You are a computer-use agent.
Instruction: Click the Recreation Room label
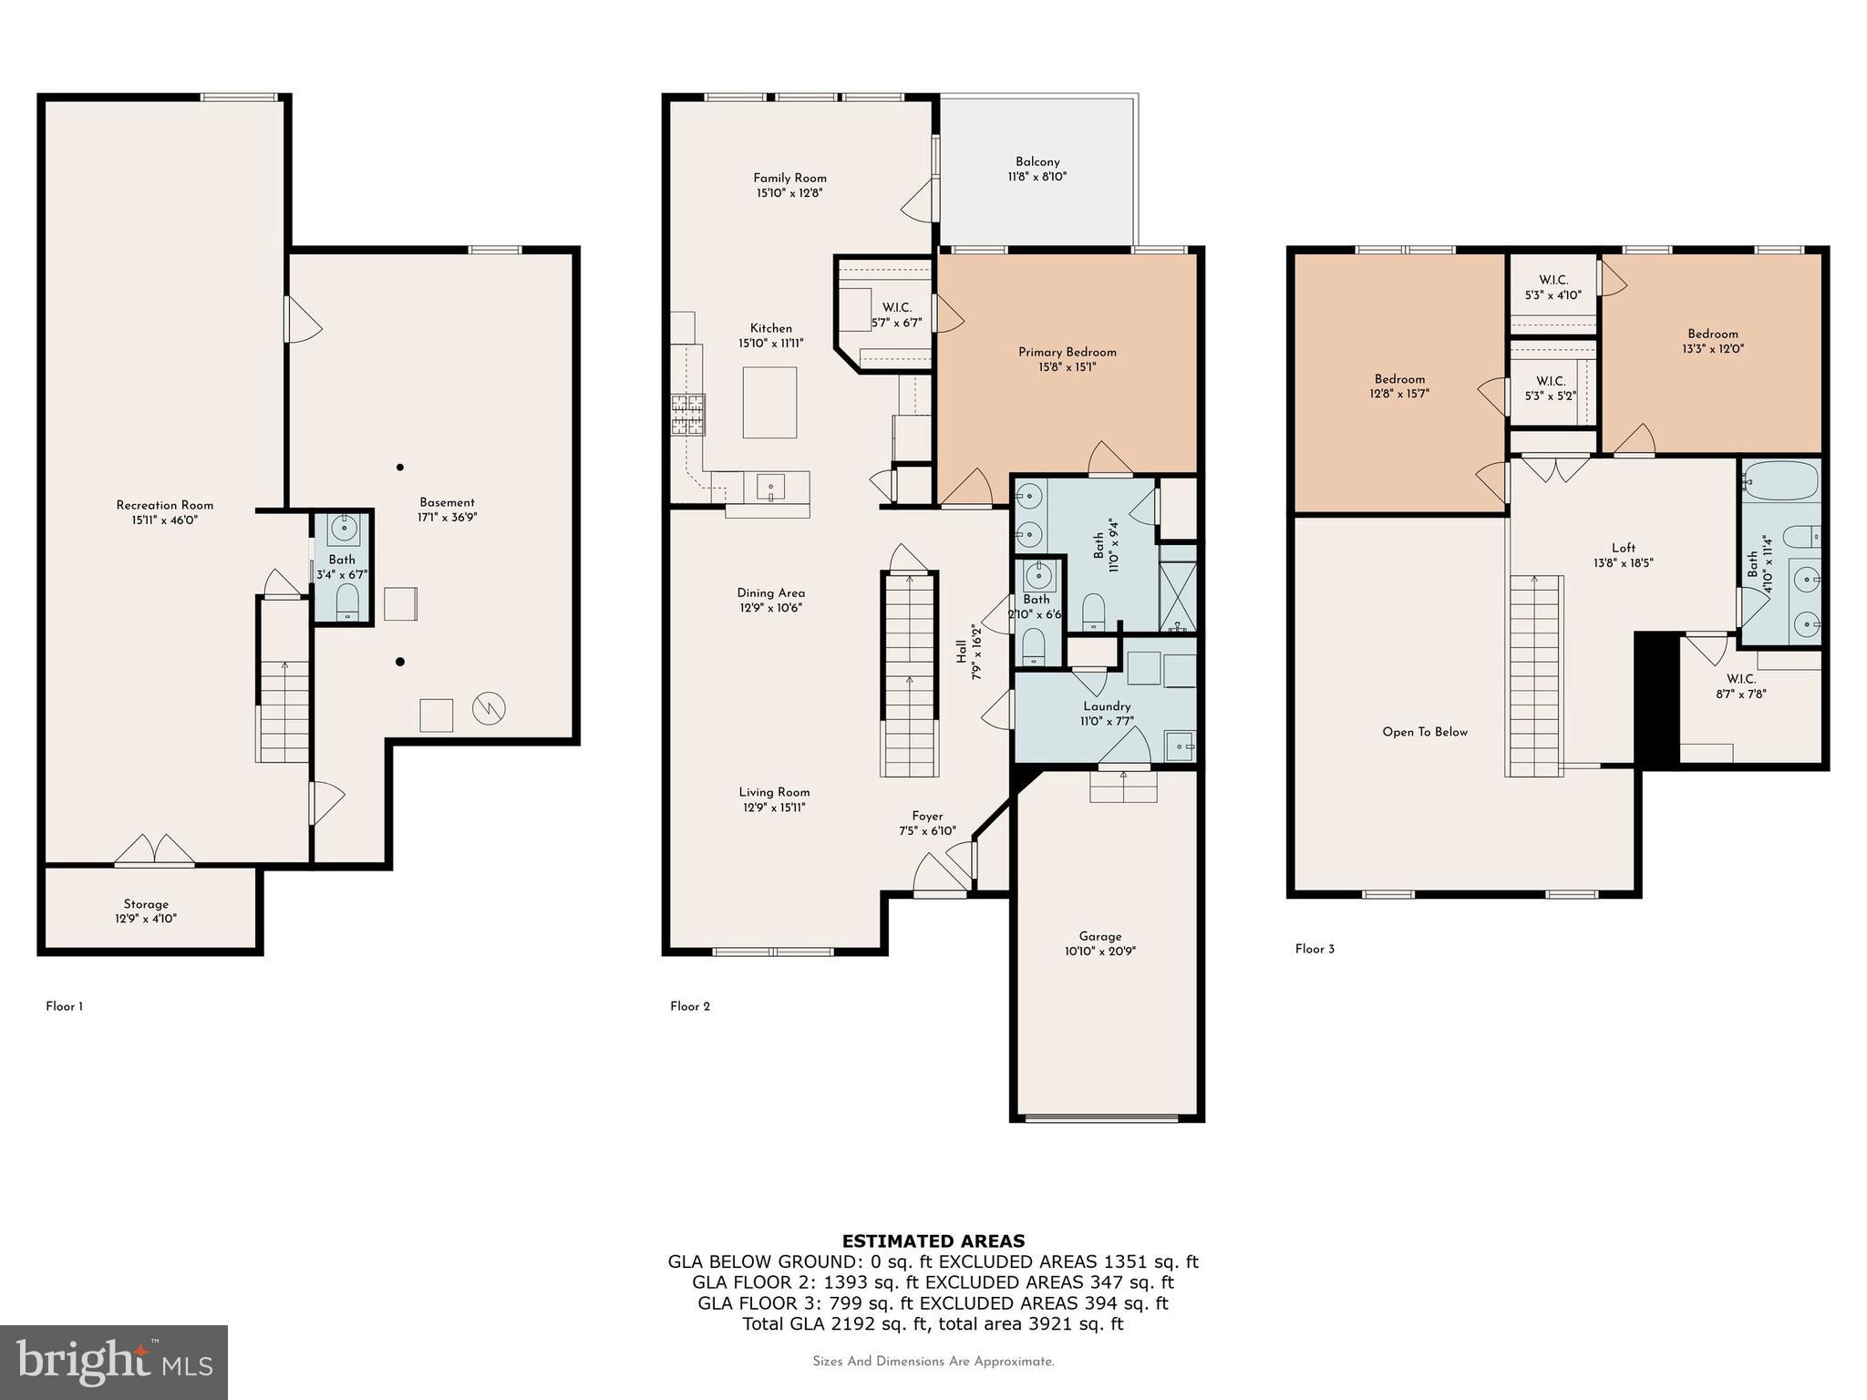164,505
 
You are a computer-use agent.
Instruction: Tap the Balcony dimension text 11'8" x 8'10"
1037,177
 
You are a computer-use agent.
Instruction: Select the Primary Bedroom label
1067,352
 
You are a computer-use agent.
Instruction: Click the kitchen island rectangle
769,402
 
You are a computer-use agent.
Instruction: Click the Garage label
1099,936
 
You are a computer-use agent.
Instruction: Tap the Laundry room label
1107,706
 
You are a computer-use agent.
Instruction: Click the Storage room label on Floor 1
146,904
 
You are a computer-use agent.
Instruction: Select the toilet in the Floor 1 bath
347,602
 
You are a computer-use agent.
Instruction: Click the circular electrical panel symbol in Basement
489,708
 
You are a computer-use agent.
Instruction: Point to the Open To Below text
1424,732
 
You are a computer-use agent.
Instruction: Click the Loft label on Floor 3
1623,548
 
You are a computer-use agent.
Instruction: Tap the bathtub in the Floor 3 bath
1781,479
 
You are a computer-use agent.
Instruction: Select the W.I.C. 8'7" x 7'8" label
1740,679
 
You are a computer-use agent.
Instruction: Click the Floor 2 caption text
689,1006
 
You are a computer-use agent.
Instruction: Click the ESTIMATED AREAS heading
933,1240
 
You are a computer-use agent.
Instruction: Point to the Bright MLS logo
114,1362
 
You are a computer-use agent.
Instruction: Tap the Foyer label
927,816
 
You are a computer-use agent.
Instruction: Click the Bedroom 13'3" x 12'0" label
1712,334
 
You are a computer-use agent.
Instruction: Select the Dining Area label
770,592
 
